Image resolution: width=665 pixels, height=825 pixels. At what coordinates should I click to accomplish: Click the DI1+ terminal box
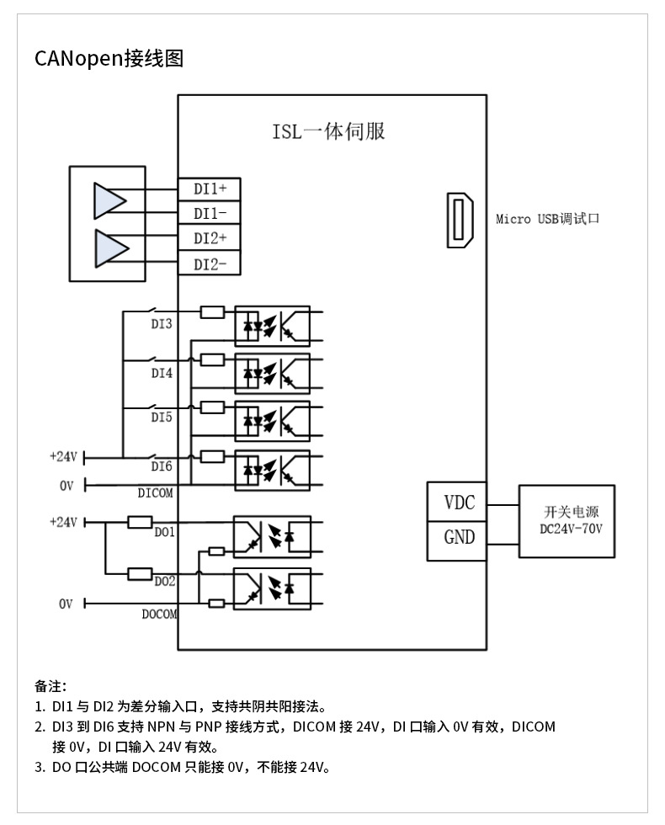click(x=209, y=189)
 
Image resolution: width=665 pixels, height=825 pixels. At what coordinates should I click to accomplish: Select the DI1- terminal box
click(x=209, y=214)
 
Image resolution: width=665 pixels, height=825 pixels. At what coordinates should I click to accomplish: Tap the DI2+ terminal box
click(x=209, y=238)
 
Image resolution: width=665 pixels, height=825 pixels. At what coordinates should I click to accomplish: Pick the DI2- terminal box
click(x=209, y=264)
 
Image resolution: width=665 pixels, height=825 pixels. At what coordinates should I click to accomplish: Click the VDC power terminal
click(x=459, y=503)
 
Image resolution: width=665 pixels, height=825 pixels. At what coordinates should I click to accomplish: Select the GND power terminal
click(x=459, y=537)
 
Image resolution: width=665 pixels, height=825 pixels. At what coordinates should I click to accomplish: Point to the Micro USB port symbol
click(x=460, y=221)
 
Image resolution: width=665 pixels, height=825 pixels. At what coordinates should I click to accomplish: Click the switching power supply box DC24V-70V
click(x=567, y=520)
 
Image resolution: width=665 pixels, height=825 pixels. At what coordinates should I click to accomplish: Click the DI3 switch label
click(x=162, y=323)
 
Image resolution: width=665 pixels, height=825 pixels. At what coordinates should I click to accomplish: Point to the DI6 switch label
click(x=162, y=466)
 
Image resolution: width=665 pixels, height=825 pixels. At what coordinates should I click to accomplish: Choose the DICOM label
click(x=155, y=493)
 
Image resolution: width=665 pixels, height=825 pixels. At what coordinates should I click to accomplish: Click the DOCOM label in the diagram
click(x=159, y=615)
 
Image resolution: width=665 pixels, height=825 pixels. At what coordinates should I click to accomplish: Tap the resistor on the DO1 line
click(x=139, y=522)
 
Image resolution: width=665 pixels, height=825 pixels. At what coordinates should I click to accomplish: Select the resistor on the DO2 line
click(x=139, y=574)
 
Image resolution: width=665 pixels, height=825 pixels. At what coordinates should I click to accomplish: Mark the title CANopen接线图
click(x=109, y=58)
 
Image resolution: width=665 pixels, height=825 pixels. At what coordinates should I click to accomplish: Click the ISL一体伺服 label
click(x=328, y=131)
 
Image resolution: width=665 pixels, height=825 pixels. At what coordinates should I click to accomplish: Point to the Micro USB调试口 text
click(x=547, y=220)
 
